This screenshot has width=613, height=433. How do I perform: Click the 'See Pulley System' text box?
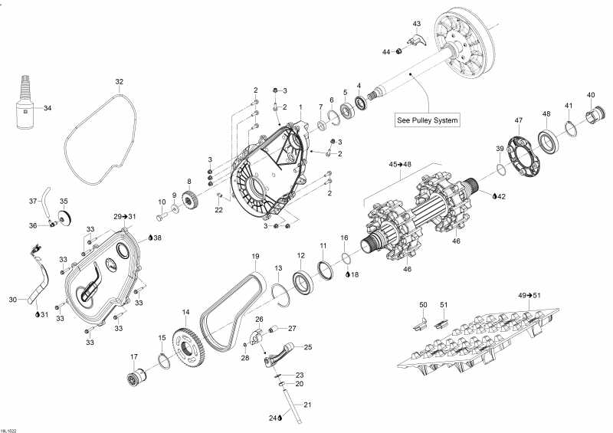[428, 120]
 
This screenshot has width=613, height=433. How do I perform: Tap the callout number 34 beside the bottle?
[48, 108]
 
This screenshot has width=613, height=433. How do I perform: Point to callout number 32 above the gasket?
[120, 82]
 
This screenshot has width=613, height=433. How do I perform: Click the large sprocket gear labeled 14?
[186, 346]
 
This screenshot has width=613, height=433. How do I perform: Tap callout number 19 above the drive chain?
[255, 257]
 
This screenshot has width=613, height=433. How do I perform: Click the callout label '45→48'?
[399, 164]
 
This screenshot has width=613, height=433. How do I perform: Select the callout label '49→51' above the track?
[529, 295]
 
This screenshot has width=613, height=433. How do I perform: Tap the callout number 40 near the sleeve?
[591, 95]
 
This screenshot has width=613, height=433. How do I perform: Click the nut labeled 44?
[399, 51]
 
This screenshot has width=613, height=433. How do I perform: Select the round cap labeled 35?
[64, 218]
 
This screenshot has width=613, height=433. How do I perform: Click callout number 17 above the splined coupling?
[134, 356]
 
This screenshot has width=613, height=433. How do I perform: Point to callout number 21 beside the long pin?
[308, 405]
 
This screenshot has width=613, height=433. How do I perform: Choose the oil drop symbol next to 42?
[494, 196]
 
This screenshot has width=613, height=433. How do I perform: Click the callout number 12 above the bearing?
[300, 256]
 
